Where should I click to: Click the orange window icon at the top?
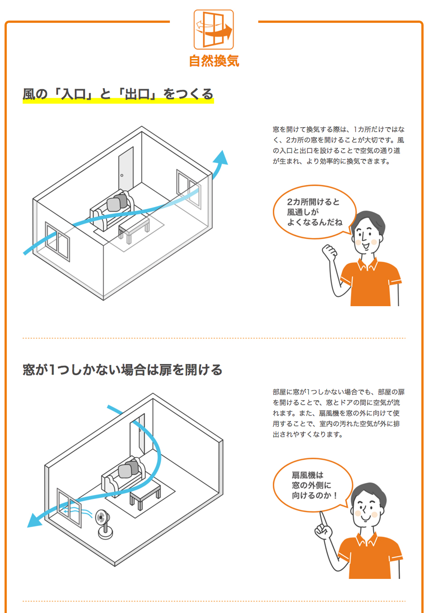(214, 30)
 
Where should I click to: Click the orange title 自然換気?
(214, 61)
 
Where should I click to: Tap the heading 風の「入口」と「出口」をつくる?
(118, 94)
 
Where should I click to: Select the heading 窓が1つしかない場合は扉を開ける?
(122, 370)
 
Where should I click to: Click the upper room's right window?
(189, 189)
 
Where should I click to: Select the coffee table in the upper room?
(134, 228)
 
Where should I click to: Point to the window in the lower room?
(69, 508)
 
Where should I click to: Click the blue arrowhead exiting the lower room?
(34, 520)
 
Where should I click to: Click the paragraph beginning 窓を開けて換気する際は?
(339, 145)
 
